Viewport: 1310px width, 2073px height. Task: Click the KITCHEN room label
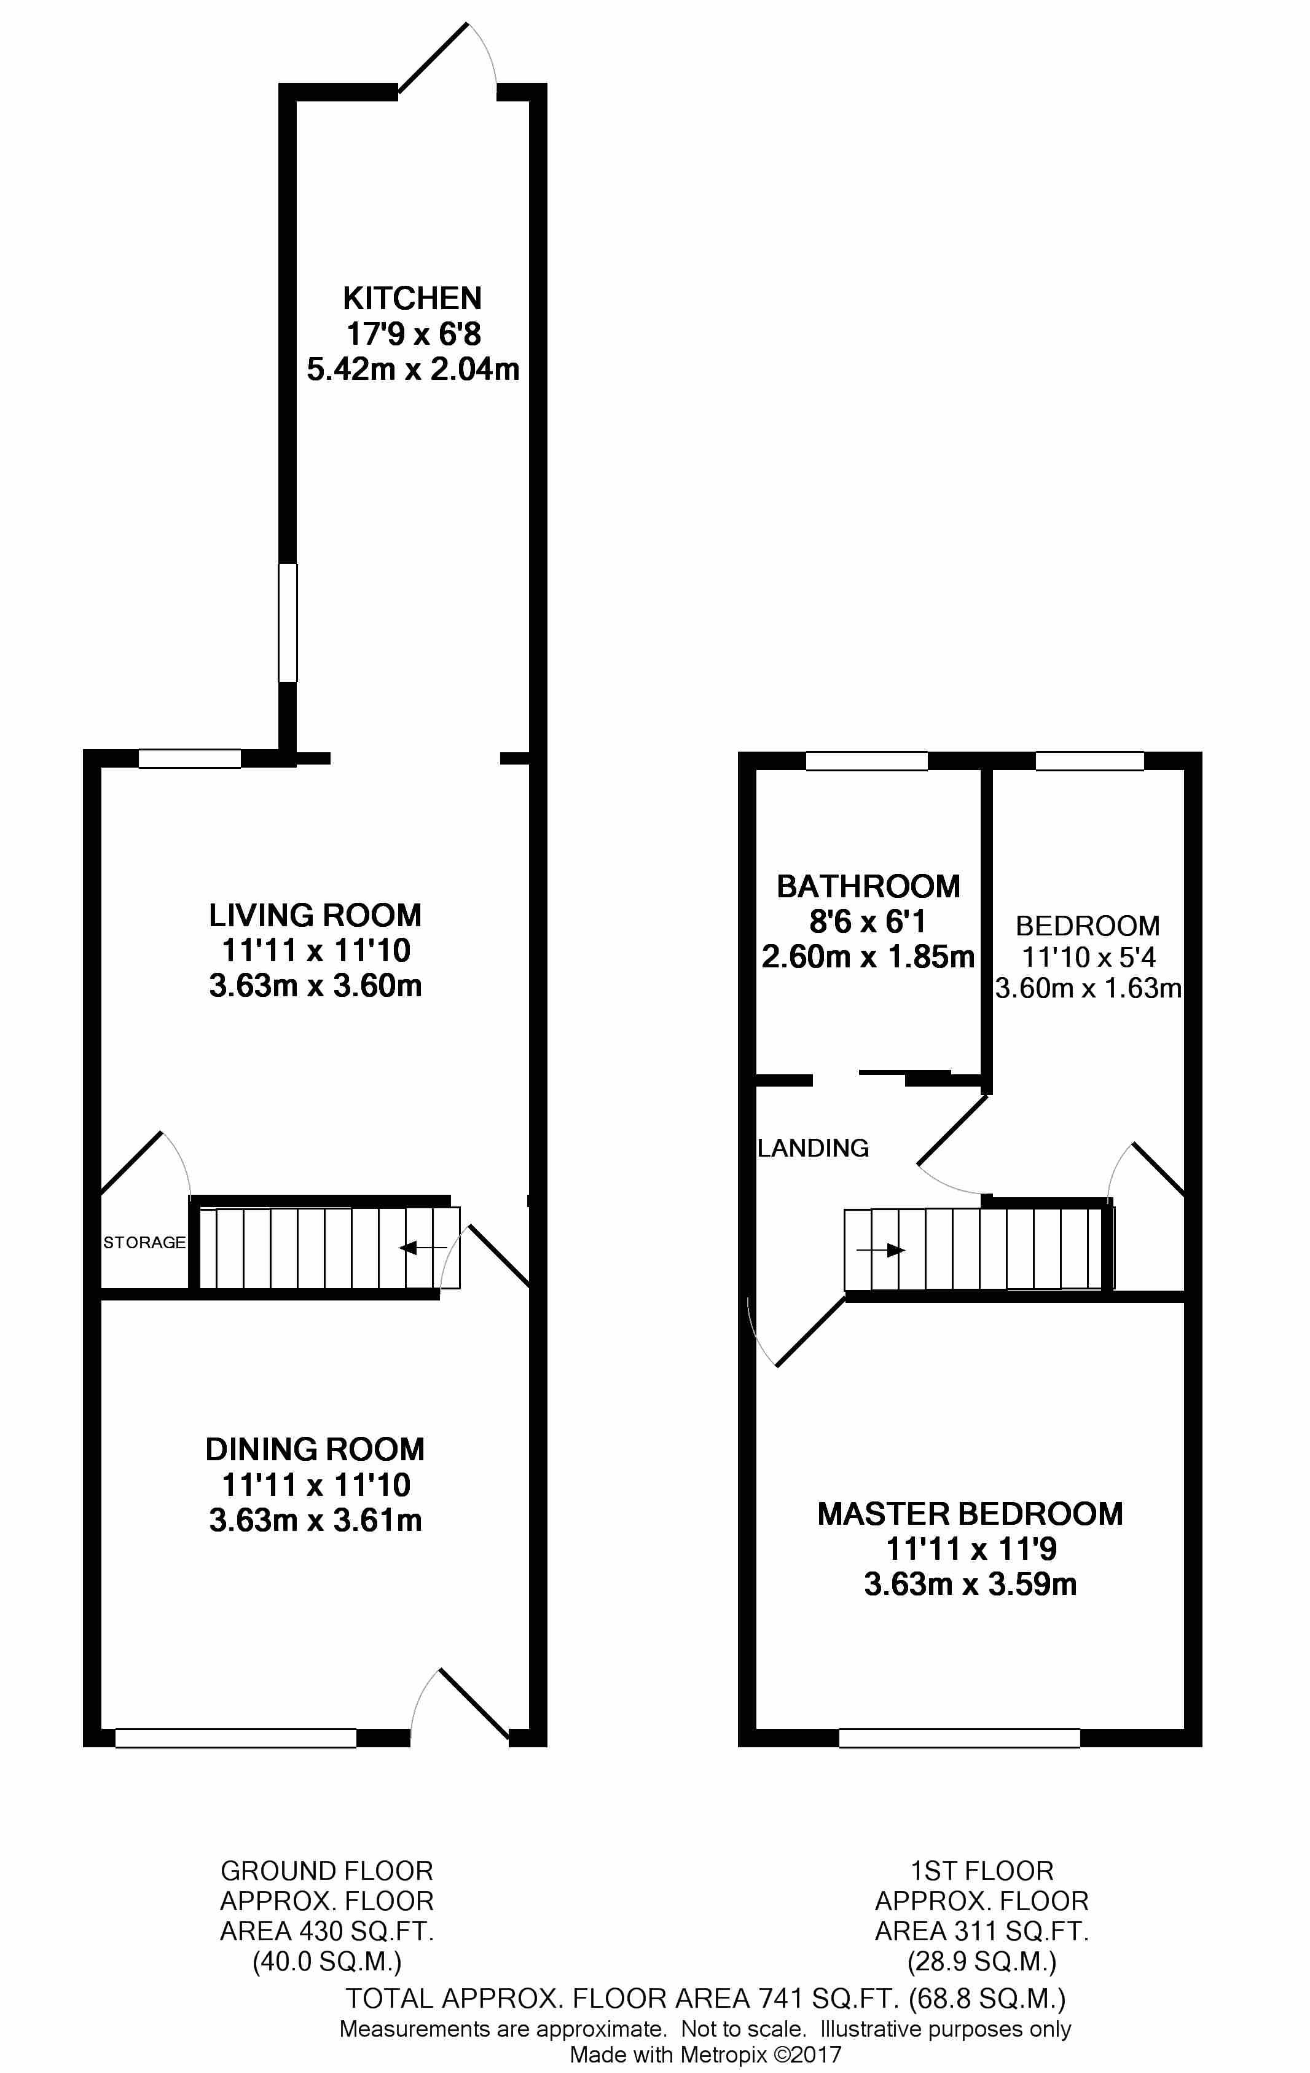(412, 298)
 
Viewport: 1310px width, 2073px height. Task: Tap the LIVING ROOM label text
(315, 915)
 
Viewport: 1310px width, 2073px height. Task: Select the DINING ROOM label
(315, 1449)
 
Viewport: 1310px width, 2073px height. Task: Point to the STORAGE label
(144, 1242)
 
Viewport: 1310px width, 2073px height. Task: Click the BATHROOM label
(868, 886)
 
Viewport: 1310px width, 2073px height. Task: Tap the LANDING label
(814, 1147)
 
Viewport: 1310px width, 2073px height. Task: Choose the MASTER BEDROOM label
(970, 1514)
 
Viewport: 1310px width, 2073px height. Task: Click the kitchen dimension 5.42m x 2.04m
(413, 369)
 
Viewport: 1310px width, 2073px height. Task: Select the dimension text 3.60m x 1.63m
(1088, 988)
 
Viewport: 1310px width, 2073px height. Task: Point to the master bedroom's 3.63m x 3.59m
(970, 1584)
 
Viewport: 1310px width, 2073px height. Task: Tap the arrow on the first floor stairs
(881, 1250)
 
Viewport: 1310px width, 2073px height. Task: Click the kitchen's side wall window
(288, 623)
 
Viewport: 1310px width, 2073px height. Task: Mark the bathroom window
(867, 761)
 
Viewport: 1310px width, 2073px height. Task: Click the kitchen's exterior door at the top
(433, 57)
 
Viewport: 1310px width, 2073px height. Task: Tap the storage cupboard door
(131, 1162)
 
